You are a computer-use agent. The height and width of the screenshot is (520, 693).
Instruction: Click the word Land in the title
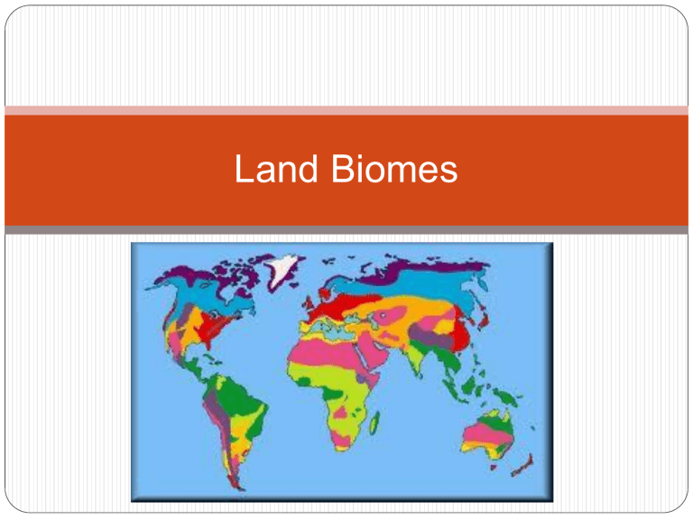tap(276, 169)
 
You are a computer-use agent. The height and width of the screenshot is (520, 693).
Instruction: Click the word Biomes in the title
tap(394, 169)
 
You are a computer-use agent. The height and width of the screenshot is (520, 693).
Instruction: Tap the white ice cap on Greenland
tap(282, 266)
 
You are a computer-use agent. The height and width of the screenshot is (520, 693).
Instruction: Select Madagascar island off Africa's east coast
tap(374, 422)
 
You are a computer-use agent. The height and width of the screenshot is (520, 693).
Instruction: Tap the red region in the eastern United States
tap(211, 326)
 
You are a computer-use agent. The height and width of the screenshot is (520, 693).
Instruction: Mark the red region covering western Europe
tap(337, 306)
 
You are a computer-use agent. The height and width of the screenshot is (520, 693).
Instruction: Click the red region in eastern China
tap(461, 331)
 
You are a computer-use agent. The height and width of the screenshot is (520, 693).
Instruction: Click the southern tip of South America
tap(239, 488)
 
